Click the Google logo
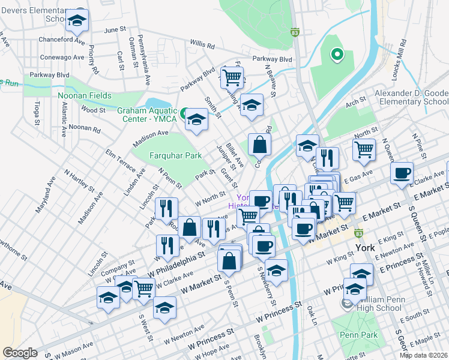point(20,353)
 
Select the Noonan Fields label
point(85,95)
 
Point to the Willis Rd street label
point(202,44)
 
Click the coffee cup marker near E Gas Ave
point(402,173)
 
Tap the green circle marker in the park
point(337,55)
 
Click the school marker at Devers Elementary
point(76,21)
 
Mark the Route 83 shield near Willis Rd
point(295,32)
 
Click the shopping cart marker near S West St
point(143,289)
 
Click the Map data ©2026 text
point(424,355)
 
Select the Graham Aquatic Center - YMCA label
point(147,114)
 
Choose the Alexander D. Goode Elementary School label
point(412,97)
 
